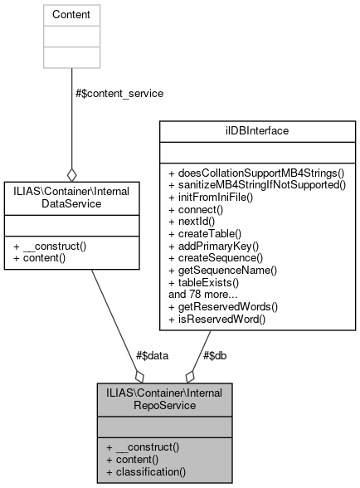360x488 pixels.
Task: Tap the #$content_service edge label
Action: tap(119, 94)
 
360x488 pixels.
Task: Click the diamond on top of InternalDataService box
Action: tap(72, 175)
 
